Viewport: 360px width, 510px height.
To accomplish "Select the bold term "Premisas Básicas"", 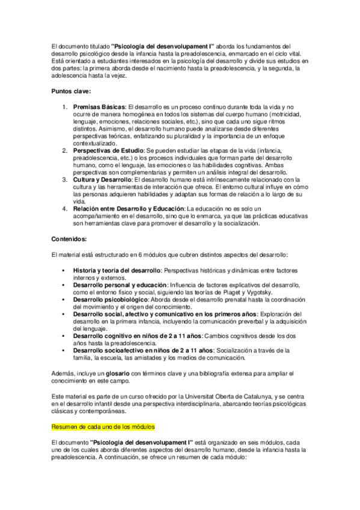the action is coord(99,106).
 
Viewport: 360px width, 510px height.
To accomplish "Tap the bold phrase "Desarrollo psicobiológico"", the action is coord(109,299).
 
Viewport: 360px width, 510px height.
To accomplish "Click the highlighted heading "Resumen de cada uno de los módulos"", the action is coord(103,426).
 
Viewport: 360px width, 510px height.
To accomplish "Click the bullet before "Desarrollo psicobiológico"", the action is coord(63,299).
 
